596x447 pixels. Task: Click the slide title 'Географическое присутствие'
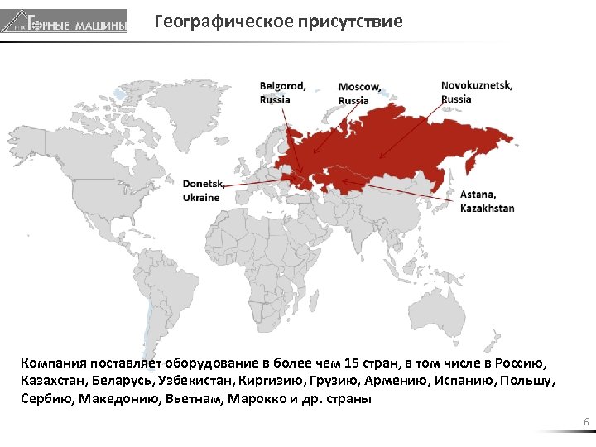point(278,22)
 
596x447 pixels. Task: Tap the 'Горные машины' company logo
point(65,22)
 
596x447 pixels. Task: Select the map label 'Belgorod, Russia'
point(282,92)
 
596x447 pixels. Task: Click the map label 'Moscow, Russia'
point(359,94)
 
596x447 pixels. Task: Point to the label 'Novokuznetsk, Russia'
point(476,92)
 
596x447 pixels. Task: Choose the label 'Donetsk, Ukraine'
point(203,191)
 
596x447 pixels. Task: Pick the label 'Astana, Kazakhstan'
point(487,201)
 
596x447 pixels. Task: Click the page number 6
point(586,424)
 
